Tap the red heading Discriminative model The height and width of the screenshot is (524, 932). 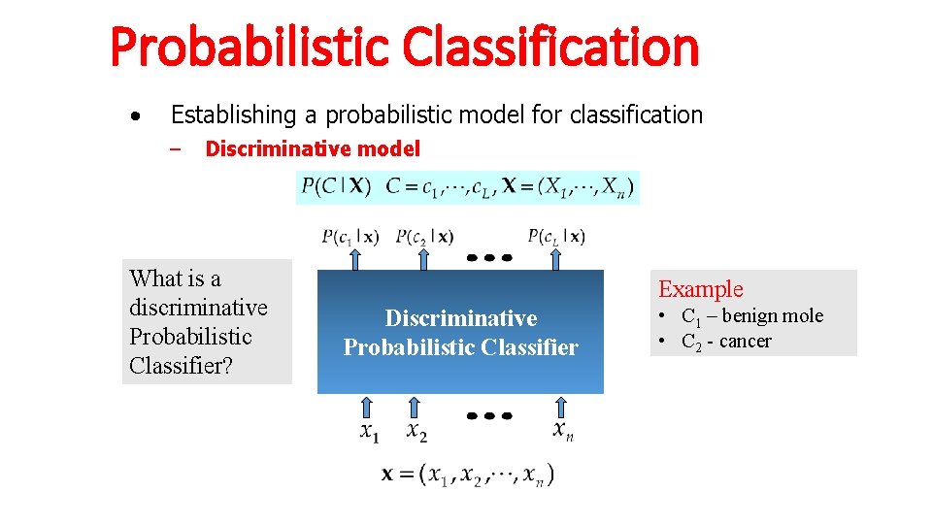pos(313,149)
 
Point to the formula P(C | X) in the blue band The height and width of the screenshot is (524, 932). pos(336,185)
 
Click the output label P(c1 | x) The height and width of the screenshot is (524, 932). pos(350,236)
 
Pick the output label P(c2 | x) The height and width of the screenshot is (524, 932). pos(424,236)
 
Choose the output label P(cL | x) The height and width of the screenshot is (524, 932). pos(556,236)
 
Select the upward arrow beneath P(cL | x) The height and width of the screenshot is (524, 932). pos(556,259)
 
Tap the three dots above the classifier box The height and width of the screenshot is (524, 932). pos(489,258)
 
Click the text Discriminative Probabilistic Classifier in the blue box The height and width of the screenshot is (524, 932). pos(460,333)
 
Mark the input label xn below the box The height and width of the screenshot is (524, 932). pos(563,430)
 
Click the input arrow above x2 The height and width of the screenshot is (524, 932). pos(414,407)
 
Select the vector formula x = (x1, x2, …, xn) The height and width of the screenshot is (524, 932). pos(468,475)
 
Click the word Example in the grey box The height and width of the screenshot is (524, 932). pos(701,289)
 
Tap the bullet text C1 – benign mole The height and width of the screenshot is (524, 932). pos(751,316)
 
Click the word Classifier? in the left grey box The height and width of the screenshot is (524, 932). pos(181,367)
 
